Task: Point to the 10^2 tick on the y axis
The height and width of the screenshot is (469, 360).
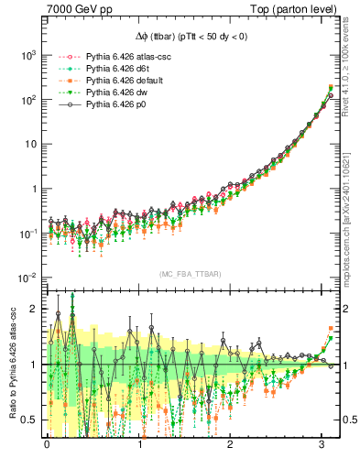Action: [x=27, y=100]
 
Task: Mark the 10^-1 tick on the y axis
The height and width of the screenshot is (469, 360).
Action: [x=27, y=234]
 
